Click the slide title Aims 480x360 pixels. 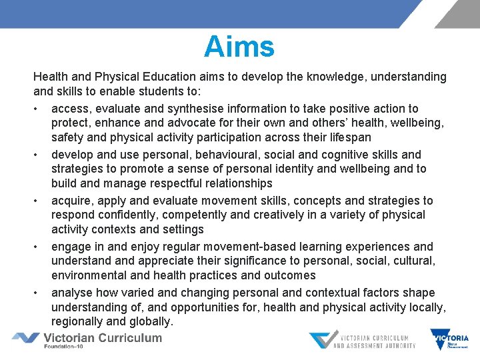coord(239,47)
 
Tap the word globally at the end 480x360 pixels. coord(147,321)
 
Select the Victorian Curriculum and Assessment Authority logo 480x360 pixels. coord(362,341)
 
